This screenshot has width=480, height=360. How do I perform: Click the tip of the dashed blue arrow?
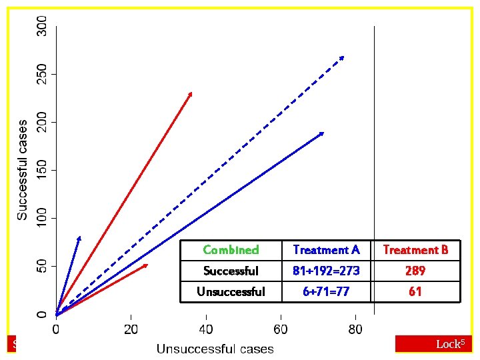coord(344,56)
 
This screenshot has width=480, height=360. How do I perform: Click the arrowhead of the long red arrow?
coord(191,93)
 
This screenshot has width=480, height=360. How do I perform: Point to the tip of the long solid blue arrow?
coord(323,133)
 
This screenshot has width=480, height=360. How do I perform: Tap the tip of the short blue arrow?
coord(79,237)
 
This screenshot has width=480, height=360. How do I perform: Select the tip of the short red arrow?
coord(147,265)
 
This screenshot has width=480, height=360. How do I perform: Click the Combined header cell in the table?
coord(231,250)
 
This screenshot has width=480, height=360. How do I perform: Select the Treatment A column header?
coord(326,250)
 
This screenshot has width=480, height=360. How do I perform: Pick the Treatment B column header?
coord(415,250)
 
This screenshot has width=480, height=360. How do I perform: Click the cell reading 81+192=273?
coord(326,271)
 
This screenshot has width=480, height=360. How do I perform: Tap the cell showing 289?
coord(415,271)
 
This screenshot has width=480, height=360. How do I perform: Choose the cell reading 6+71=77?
coord(326,291)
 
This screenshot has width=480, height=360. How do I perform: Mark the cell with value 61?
coord(415,291)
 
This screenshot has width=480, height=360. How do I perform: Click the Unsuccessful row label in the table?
coord(231,291)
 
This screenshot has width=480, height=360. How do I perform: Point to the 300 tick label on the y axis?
coord(42,26)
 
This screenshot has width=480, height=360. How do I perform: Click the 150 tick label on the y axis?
coord(42,170)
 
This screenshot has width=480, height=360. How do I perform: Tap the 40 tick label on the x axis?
coord(205,329)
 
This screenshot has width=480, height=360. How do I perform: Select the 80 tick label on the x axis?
coord(355,329)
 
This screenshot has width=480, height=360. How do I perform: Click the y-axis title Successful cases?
coord(23,170)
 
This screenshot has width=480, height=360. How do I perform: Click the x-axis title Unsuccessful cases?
coord(215,349)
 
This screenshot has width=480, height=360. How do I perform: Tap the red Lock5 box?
coord(433,343)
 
